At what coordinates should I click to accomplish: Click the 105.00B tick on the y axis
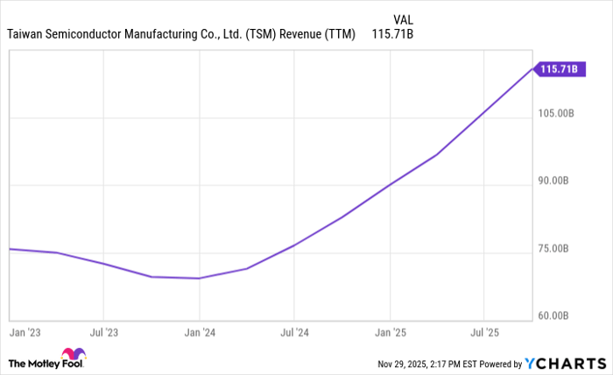pos(556,114)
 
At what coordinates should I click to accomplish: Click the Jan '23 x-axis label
pos(25,333)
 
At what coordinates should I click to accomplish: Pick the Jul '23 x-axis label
pos(103,333)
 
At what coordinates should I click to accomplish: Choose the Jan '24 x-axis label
pos(200,333)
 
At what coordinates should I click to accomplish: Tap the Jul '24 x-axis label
pos(294,333)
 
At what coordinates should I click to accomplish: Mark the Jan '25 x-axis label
pos(391,333)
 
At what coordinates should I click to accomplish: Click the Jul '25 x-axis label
pos(484,333)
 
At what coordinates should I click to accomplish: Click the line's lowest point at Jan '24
pos(200,279)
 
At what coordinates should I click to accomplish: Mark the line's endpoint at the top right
pos(532,68)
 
